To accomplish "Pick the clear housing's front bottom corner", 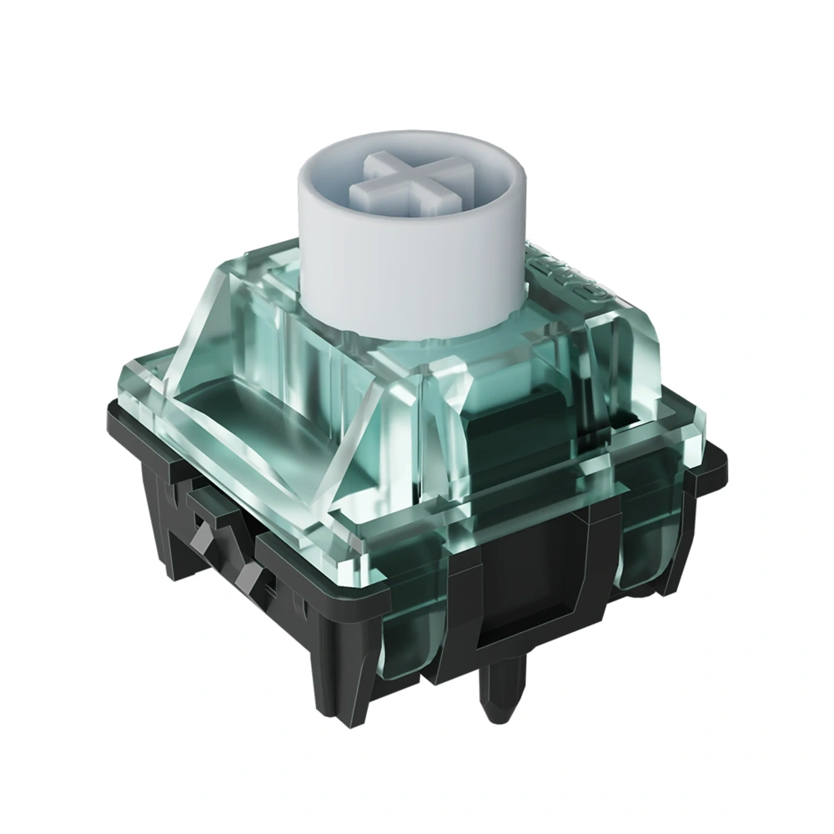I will [x=379, y=575].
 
